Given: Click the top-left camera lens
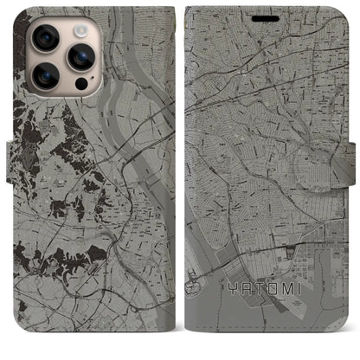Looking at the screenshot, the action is pyautogui.click(x=45, y=37).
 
